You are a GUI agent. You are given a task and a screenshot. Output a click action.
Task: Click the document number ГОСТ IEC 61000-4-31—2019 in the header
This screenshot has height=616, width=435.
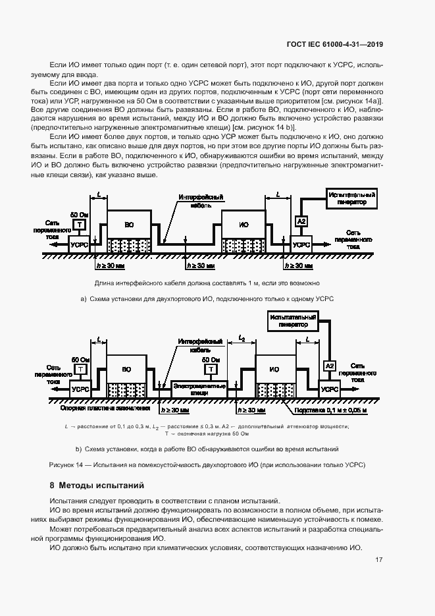click(335, 44)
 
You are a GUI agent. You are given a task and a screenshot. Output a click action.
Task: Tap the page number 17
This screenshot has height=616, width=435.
click(379, 560)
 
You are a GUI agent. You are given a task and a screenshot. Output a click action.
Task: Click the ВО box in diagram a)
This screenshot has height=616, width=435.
click(129, 225)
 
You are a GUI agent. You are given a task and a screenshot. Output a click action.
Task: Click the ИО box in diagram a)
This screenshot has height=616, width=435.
click(243, 225)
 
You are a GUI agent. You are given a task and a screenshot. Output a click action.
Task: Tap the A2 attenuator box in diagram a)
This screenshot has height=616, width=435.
click(301, 221)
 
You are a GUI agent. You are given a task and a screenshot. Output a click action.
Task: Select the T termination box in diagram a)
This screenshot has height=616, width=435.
click(80, 225)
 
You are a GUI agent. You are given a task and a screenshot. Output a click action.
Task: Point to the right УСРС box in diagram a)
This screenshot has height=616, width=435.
click(301, 244)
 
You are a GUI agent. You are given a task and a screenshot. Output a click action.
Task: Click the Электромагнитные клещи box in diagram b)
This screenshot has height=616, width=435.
click(199, 388)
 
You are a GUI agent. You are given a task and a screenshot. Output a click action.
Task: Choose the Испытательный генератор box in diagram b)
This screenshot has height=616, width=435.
click(293, 322)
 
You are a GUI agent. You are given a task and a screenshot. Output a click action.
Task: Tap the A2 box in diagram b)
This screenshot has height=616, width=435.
click(330, 366)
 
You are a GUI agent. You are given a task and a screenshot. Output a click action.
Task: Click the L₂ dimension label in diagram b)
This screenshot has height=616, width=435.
click(242, 339)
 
